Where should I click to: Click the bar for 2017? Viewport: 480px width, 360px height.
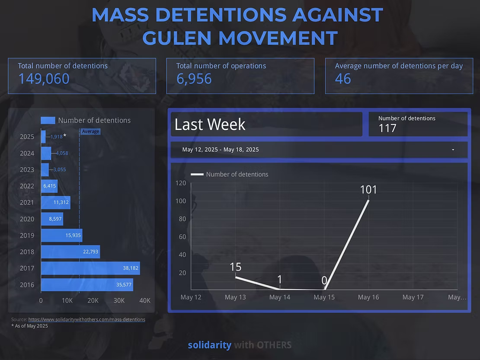click(90, 268)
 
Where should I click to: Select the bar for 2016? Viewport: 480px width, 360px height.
click(86, 285)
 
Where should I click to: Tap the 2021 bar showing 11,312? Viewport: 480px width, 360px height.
click(55, 202)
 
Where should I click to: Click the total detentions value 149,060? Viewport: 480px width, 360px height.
click(44, 79)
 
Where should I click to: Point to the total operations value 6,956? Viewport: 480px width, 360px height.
click(194, 79)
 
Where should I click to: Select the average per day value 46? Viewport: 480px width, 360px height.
click(343, 79)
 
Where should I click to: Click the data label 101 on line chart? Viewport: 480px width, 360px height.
click(368, 190)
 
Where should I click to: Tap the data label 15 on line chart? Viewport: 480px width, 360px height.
click(235, 267)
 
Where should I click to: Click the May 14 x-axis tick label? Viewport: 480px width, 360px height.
click(280, 297)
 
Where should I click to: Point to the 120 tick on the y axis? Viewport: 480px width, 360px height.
click(181, 183)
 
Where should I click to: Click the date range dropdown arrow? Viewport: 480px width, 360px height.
click(453, 150)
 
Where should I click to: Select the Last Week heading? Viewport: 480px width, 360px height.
click(210, 124)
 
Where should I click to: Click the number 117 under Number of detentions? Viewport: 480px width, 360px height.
click(387, 128)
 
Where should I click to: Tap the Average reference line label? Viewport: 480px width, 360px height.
click(90, 131)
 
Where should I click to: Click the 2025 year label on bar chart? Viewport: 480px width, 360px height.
click(27, 137)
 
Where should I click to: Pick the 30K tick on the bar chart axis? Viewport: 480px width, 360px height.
click(119, 301)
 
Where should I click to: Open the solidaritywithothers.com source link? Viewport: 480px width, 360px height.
click(86, 319)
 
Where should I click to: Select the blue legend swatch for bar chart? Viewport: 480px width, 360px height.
click(48, 121)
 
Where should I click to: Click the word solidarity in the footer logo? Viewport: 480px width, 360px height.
click(209, 345)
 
